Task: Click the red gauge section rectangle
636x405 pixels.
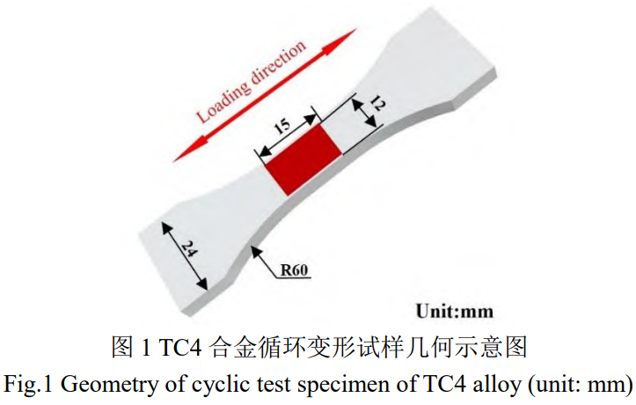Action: click(x=303, y=160)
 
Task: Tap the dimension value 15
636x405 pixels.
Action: click(x=282, y=126)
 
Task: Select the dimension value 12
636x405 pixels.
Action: click(x=377, y=104)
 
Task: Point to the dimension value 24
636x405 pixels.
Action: click(x=189, y=249)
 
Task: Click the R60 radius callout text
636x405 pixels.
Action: click(x=294, y=269)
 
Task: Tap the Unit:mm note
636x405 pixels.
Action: click(x=455, y=312)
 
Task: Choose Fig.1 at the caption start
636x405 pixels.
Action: click(x=28, y=384)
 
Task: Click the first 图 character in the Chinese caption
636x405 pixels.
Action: click(x=122, y=347)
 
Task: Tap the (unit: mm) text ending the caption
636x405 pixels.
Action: click(x=581, y=385)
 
